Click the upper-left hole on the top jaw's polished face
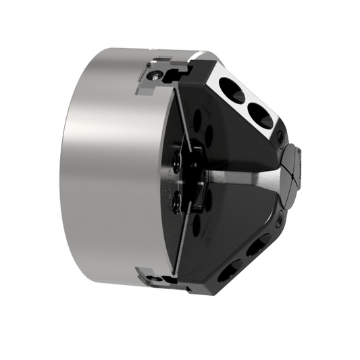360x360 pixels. coord(234,92)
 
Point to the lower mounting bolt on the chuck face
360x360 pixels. coord(177,201)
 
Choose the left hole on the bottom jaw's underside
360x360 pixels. coord(228,272)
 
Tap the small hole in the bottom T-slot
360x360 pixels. coord(157,278)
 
